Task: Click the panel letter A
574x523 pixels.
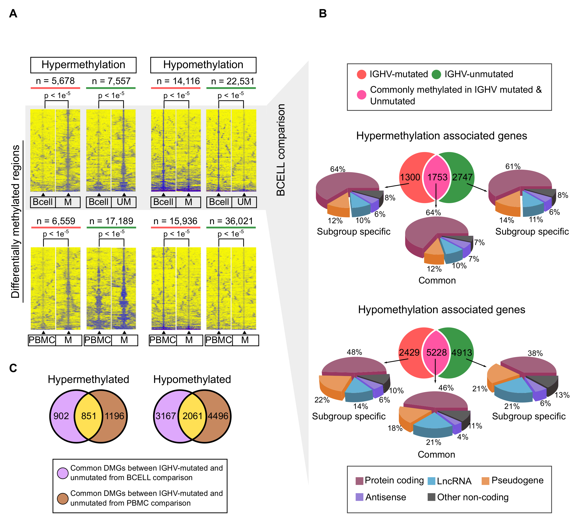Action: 13,13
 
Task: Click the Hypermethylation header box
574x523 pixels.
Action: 83,65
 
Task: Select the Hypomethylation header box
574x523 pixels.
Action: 203,65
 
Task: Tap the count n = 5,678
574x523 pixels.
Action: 55,81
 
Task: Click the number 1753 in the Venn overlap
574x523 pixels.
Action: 437,177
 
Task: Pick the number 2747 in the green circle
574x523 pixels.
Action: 462,177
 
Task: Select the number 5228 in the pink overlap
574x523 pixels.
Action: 436,352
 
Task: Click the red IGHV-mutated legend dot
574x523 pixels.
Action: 361,74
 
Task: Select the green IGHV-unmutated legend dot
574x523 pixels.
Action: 436,74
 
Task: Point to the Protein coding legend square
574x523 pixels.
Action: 359,481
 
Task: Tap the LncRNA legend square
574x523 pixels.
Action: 431,481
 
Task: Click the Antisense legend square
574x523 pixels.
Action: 359,497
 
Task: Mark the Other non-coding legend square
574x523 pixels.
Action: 431,497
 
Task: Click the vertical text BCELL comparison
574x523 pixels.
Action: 281,150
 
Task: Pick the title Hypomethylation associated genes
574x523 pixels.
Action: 441,310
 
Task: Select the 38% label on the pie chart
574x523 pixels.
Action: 535,353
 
